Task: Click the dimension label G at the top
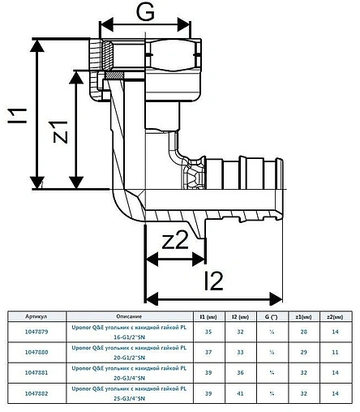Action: (x=144, y=12)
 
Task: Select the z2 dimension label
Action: (x=175, y=242)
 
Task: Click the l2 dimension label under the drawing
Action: (x=213, y=281)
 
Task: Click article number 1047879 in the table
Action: (x=36, y=331)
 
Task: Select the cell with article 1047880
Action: (x=36, y=353)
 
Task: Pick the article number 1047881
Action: (x=36, y=374)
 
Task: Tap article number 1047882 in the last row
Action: (x=36, y=395)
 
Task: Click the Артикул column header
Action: (x=36, y=316)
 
